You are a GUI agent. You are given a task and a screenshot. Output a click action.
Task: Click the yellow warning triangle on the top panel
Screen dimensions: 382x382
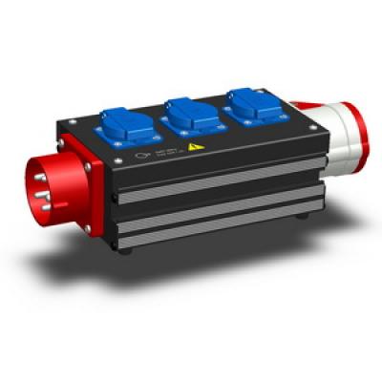(195, 148)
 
